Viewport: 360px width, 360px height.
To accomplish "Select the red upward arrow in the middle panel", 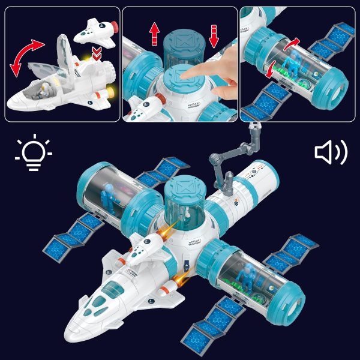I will (x=155, y=33).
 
